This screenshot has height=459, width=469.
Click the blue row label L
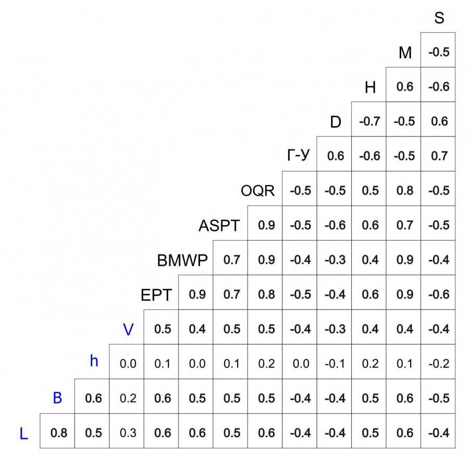(x=23, y=433)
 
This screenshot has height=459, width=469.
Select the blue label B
(x=58, y=399)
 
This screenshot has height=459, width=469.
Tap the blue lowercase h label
(x=94, y=361)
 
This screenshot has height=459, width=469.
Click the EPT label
(x=156, y=295)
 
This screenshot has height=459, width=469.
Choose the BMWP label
(x=182, y=260)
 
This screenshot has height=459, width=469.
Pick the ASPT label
(x=219, y=226)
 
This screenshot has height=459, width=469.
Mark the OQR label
(x=257, y=191)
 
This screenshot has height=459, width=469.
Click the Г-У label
(x=299, y=156)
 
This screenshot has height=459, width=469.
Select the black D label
(x=336, y=122)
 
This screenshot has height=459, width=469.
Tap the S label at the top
(x=439, y=19)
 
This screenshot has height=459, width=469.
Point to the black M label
(x=405, y=53)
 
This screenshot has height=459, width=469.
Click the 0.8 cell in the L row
(x=58, y=433)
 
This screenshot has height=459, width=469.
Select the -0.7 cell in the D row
(x=370, y=121)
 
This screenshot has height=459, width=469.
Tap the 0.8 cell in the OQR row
(x=404, y=191)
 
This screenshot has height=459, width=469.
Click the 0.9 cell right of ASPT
(x=266, y=225)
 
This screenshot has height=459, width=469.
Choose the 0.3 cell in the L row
(x=128, y=433)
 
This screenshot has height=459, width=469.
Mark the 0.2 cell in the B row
(x=128, y=399)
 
